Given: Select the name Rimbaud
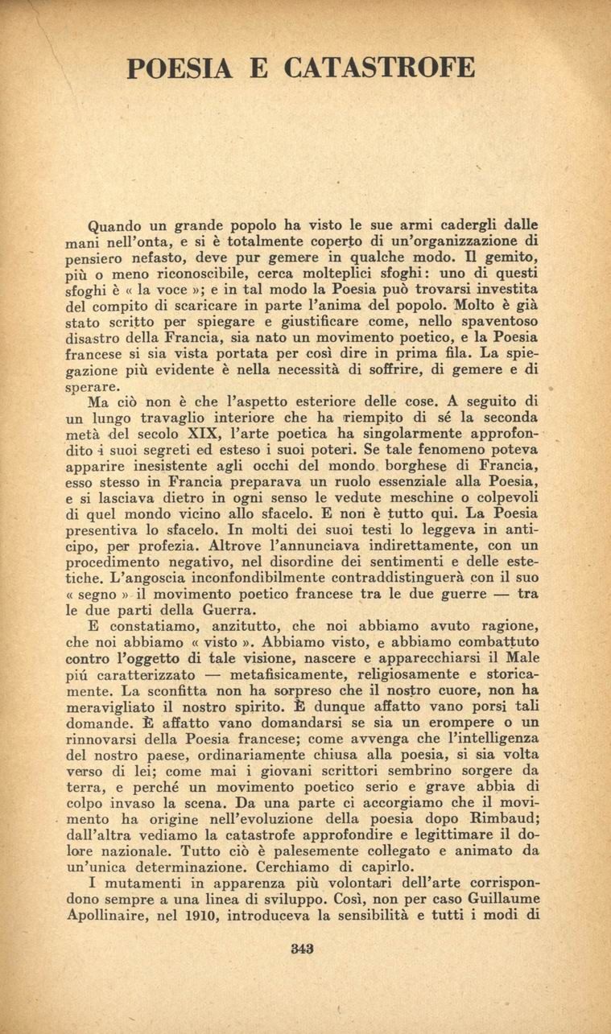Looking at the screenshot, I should coord(503,817).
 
